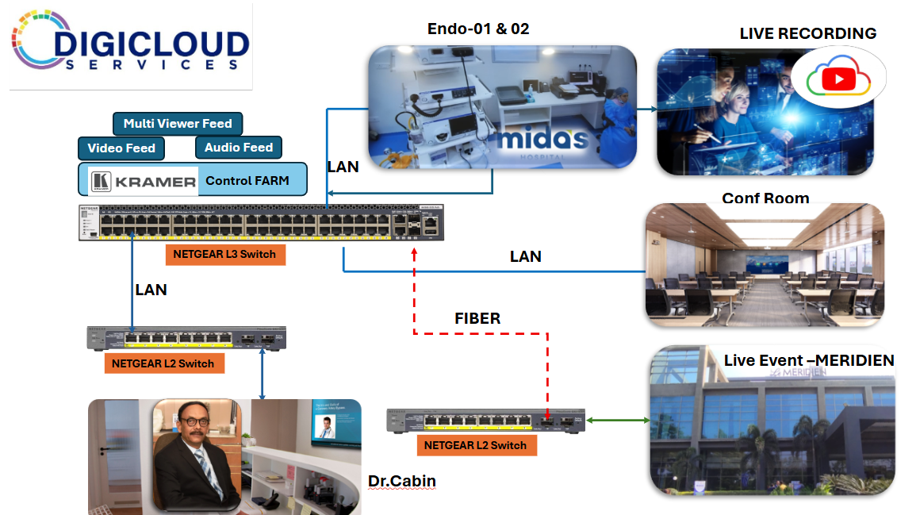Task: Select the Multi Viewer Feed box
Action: tap(178, 124)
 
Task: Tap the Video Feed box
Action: tap(121, 148)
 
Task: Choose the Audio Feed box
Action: tap(238, 148)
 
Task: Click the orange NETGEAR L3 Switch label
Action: tap(226, 254)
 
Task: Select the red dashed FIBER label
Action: tap(477, 318)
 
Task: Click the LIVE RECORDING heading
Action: tap(807, 33)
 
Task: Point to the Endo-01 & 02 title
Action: tap(478, 29)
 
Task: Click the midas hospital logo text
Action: tap(543, 140)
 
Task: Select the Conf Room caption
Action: tap(765, 198)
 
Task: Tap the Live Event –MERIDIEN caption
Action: tap(809, 360)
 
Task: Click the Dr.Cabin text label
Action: tap(402, 481)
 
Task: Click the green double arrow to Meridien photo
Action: tap(617, 421)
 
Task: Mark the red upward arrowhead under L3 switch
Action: tap(413, 252)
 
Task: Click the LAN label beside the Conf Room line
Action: tap(525, 256)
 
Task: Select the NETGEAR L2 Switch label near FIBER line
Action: tap(475, 445)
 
